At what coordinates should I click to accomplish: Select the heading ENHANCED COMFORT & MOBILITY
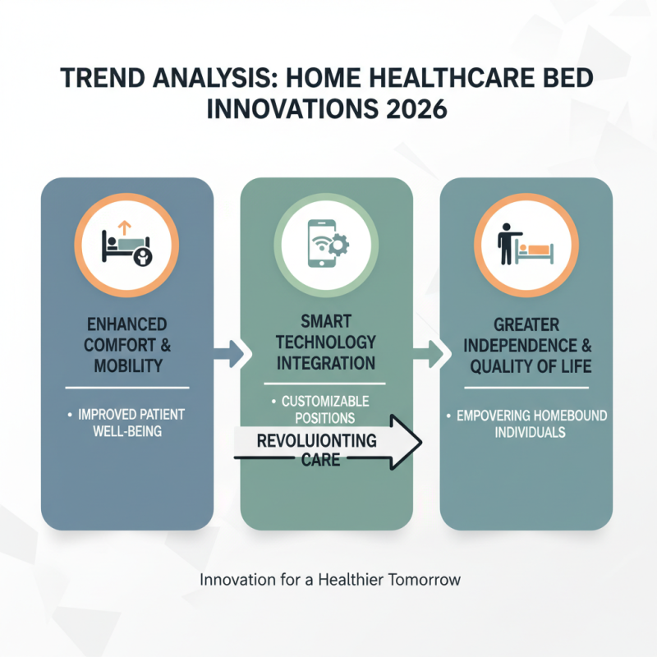coord(126,343)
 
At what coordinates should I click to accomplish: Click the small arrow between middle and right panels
coord(429,355)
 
